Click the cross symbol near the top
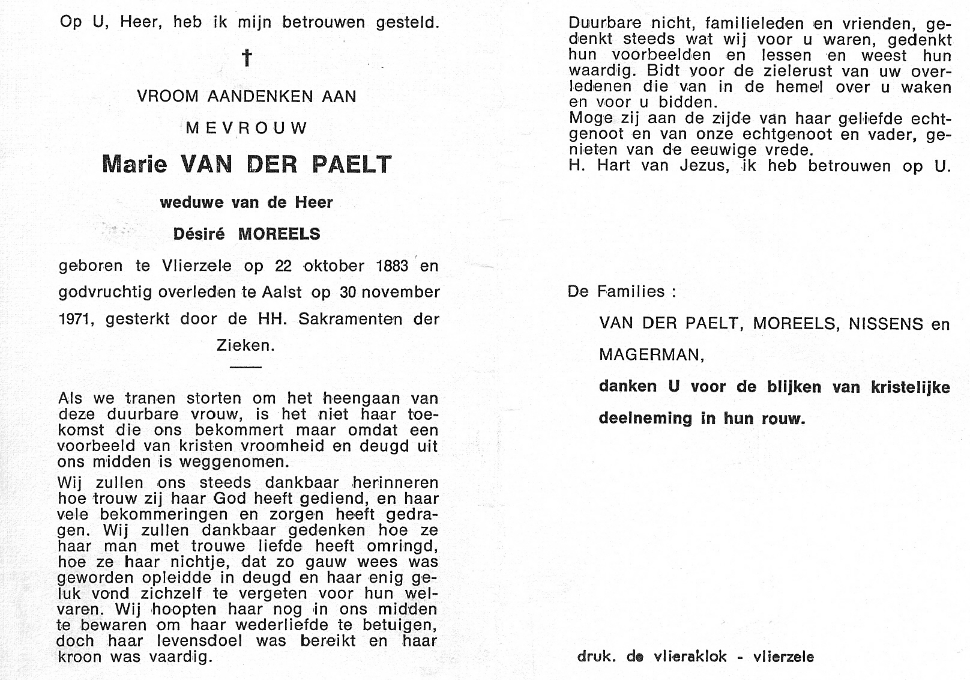click(246, 58)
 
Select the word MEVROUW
click(247, 128)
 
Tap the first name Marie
click(134, 164)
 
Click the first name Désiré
click(199, 234)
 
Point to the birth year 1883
click(392, 266)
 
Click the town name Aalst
click(282, 292)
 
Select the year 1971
click(76, 319)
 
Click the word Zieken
click(245, 345)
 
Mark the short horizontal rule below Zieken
click(245, 366)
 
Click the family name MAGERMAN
click(651, 355)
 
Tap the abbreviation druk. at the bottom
click(597, 657)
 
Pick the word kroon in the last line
click(80, 657)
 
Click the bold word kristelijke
click(911, 387)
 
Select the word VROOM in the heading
click(167, 96)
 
